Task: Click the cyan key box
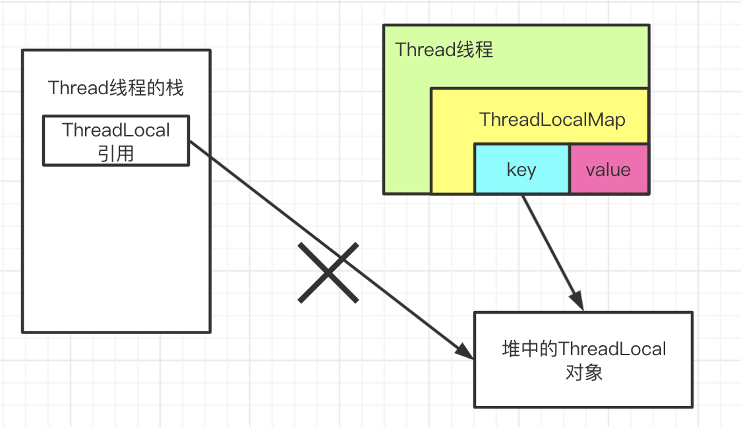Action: (x=521, y=169)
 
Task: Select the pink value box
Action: (x=608, y=169)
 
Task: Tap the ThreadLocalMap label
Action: (x=552, y=120)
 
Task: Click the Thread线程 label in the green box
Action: (x=444, y=50)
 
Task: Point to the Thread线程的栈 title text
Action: (x=116, y=88)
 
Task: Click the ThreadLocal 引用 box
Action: (x=116, y=141)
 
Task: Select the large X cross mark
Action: (x=328, y=273)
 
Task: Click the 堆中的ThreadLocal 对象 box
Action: (x=583, y=360)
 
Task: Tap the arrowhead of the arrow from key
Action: (x=577, y=302)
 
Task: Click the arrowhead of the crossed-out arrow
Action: (x=466, y=354)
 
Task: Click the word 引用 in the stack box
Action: (x=116, y=154)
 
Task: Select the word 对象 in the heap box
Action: (x=583, y=373)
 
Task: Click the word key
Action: (x=521, y=170)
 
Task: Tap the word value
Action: (x=608, y=170)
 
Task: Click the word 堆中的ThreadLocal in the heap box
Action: (x=583, y=349)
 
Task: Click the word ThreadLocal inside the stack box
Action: (x=116, y=130)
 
